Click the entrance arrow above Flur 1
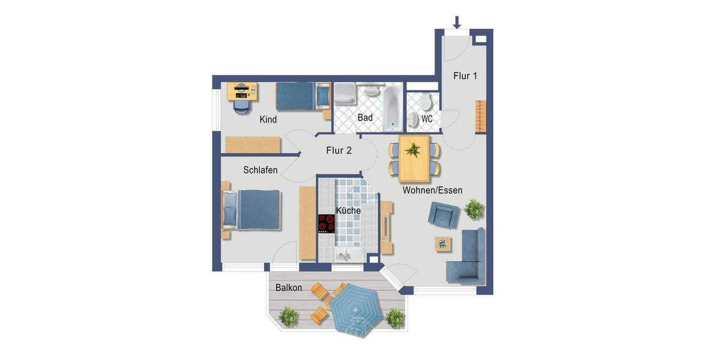click(457, 22)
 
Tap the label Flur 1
click(465, 76)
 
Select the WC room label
click(427, 119)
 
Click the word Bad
click(365, 118)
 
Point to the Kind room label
click(268, 119)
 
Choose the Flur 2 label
click(338, 151)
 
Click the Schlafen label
click(260, 170)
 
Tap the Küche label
click(348, 211)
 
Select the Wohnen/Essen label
click(432, 190)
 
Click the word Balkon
click(289, 288)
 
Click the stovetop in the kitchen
click(326, 223)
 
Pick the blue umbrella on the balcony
click(357, 309)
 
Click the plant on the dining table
click(413, 149)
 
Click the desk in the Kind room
click(242, 91)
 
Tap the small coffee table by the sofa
click(443, 243)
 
